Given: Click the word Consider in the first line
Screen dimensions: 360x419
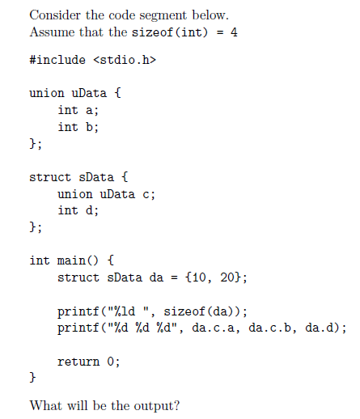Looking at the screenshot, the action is (x=55, y=15).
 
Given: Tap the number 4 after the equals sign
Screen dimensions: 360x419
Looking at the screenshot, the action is (x=234, y=32).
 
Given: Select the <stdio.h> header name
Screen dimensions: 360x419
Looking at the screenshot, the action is (x=125, y=60).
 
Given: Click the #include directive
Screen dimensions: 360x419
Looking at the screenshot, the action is (x=57, y=60).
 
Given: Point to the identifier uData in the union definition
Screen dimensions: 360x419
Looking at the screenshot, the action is (x=89, y=93).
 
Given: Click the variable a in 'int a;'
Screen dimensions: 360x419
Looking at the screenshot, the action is (x=89, y=111).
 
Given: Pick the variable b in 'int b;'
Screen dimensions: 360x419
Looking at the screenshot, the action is (x=89, y=127).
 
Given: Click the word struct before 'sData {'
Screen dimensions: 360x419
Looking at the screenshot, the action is (x=50, y=177).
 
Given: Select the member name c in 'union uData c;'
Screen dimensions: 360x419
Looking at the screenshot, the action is (x=146, y=194).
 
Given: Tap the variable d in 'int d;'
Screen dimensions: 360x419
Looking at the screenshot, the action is (x=89, y=210).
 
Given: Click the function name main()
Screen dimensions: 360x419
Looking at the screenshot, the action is (x=78, y=260).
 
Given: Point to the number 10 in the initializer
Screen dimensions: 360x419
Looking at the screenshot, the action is (x=199, y=277).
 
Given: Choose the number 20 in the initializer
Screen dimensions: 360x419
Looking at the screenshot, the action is (x=227, y=277).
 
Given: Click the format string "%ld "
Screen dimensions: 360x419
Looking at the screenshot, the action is (x=129, y=311).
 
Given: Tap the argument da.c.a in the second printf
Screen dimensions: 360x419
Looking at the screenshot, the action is (x=213, y=328).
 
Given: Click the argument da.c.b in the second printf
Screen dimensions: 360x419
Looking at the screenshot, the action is (x=270, y=328).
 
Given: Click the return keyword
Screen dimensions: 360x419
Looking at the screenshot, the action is (x=78, y=362).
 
